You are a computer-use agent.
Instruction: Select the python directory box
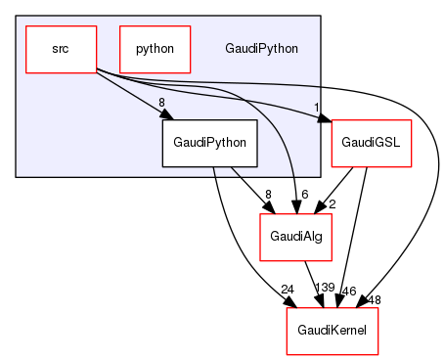pyautogui.click(x=155, y=48)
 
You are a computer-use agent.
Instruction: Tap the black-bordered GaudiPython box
pyautogui.click(x=209, y=143)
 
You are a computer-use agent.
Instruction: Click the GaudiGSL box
pyautogui.click(x=372, y=143)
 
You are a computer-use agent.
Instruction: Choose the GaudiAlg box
pyautogui.click(x=291, y=237)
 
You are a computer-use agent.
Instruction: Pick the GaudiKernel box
pyautogui.click(x=331, y=331)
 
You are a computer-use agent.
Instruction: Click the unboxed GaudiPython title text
pyautogui.click(x=261, y=48)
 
